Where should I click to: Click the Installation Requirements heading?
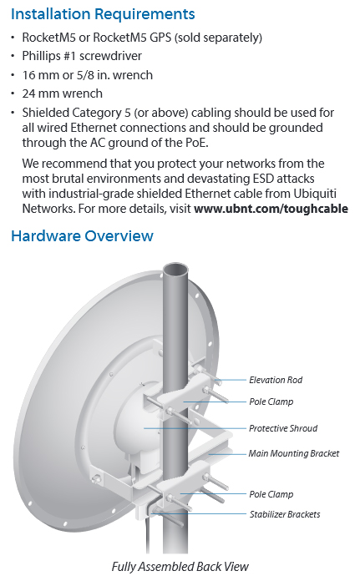(x=103, y=14)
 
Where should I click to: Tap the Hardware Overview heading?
(x=82, y=236)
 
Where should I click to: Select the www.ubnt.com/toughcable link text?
(x=271, y=209)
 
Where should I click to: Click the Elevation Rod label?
(x=276, y=380)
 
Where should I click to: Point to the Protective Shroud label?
(x=283, y=428)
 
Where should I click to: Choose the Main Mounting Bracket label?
(x=294, y=453)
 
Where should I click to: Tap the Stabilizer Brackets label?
(x=285, y=514)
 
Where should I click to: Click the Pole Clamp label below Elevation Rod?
(x=271, y=402)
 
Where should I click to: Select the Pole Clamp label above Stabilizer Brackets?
(x=271, y=494)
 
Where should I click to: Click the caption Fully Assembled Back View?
(x=180, y=567)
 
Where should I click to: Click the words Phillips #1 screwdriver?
(x=82, y=56)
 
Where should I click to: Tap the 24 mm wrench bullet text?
(x=62, y=93)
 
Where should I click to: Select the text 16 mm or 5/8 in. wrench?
(x=88, y=75)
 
